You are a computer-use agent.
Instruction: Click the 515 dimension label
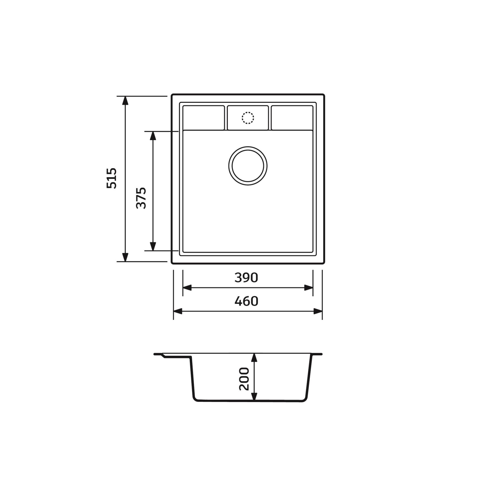point(111,178)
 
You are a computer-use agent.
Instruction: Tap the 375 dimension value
point(141,198)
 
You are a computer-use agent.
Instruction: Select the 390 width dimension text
point(246,278)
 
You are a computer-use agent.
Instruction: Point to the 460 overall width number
point(246,301)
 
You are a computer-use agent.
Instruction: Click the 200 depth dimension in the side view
point(244,379)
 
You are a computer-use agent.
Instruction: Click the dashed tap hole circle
point(248,118)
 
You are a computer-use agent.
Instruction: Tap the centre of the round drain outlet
point(248,166)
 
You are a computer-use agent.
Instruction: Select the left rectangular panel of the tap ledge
point(204,118)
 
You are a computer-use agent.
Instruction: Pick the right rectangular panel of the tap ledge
point(292,118)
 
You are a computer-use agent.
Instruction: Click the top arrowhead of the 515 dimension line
point(125,100)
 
